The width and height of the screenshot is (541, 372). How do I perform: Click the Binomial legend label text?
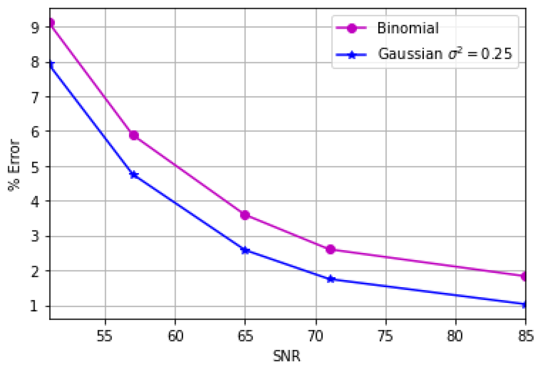(x=407, y=28)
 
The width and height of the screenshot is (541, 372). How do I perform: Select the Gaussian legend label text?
(x=445, y=53)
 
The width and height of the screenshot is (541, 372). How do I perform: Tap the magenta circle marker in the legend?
(x=352, y=28)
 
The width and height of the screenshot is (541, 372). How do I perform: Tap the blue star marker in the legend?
(x=352, y=55)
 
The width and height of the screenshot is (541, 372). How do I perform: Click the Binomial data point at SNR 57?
(x=134, y=135)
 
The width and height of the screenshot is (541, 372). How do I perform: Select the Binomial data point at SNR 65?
(x=245, y=215)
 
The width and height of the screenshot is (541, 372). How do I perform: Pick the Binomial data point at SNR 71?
(x=330, y=249)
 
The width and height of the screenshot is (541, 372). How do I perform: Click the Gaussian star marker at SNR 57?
(x=134, y=175)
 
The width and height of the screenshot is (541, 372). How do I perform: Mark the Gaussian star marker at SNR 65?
(x=245, y=250)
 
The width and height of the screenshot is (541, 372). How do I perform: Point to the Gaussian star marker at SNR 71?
(x=330, y=279)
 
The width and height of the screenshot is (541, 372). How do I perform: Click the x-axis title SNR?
(x=286, y=356)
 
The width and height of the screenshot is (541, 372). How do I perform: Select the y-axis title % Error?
(x=14, y=165)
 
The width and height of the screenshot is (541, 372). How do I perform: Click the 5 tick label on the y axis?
(x=35, y=167)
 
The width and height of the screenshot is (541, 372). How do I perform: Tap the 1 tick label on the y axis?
(x=34, y=306)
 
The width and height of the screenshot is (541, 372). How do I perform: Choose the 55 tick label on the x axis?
(x=104, y=336)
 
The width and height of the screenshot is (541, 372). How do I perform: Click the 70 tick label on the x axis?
(x=316, y=336)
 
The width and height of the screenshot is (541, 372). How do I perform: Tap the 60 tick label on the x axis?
(x=175, y=336)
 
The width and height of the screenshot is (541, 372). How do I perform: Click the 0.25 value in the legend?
(x=496, y=53)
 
